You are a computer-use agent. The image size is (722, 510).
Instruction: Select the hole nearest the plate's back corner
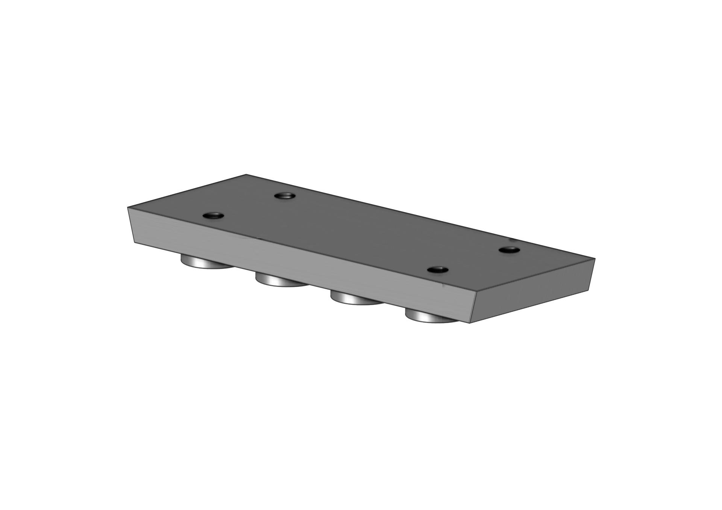point(285,196)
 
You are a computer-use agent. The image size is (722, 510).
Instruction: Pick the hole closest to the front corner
point(438,270)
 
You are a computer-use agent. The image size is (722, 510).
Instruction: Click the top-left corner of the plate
point(128,207)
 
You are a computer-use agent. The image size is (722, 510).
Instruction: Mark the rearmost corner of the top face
point(246,175)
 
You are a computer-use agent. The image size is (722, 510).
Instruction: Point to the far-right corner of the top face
point(595,259)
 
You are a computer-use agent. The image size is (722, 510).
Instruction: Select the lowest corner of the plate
point(470,323)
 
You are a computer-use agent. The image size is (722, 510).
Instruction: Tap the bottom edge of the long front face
point(301,282)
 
